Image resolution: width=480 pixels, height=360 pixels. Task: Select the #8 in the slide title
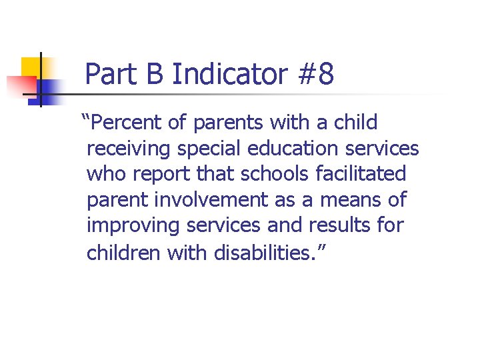tap(316, 75)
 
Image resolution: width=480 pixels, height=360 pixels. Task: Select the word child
tap(354, 123)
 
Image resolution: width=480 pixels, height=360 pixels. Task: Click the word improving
tap(133, 225)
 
